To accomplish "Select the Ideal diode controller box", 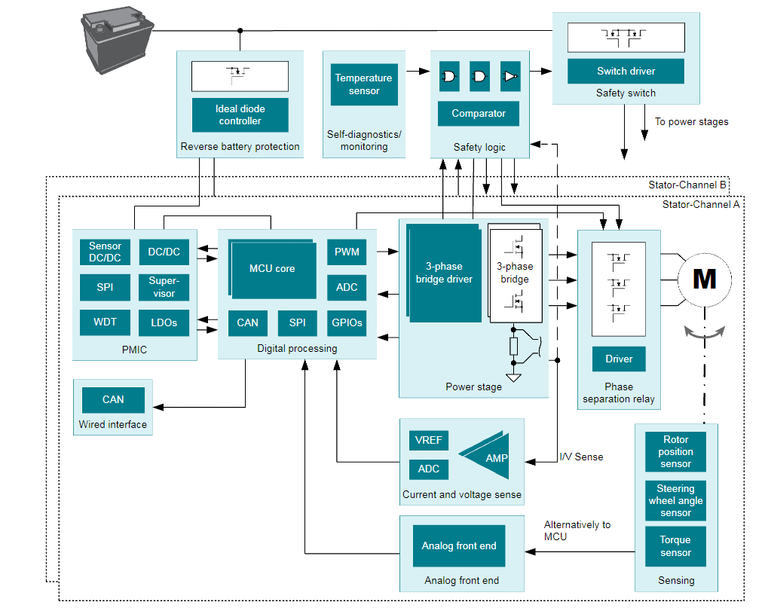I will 240,115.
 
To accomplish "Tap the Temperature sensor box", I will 364,84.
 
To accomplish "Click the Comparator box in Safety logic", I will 479,114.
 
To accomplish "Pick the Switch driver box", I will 626,72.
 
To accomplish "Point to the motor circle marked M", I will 704,280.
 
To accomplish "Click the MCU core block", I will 272,269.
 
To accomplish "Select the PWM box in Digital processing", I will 347,252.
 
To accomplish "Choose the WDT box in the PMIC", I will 105,322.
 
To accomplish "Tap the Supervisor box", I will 164,288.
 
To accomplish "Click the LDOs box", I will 164,322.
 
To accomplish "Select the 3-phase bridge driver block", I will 444,273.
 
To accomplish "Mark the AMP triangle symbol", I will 487,457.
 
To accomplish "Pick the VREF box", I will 429,441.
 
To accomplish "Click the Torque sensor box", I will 675,546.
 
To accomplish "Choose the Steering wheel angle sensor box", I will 675,500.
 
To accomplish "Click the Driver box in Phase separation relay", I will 619,359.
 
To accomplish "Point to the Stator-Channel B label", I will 687,185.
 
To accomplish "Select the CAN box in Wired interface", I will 113,400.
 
